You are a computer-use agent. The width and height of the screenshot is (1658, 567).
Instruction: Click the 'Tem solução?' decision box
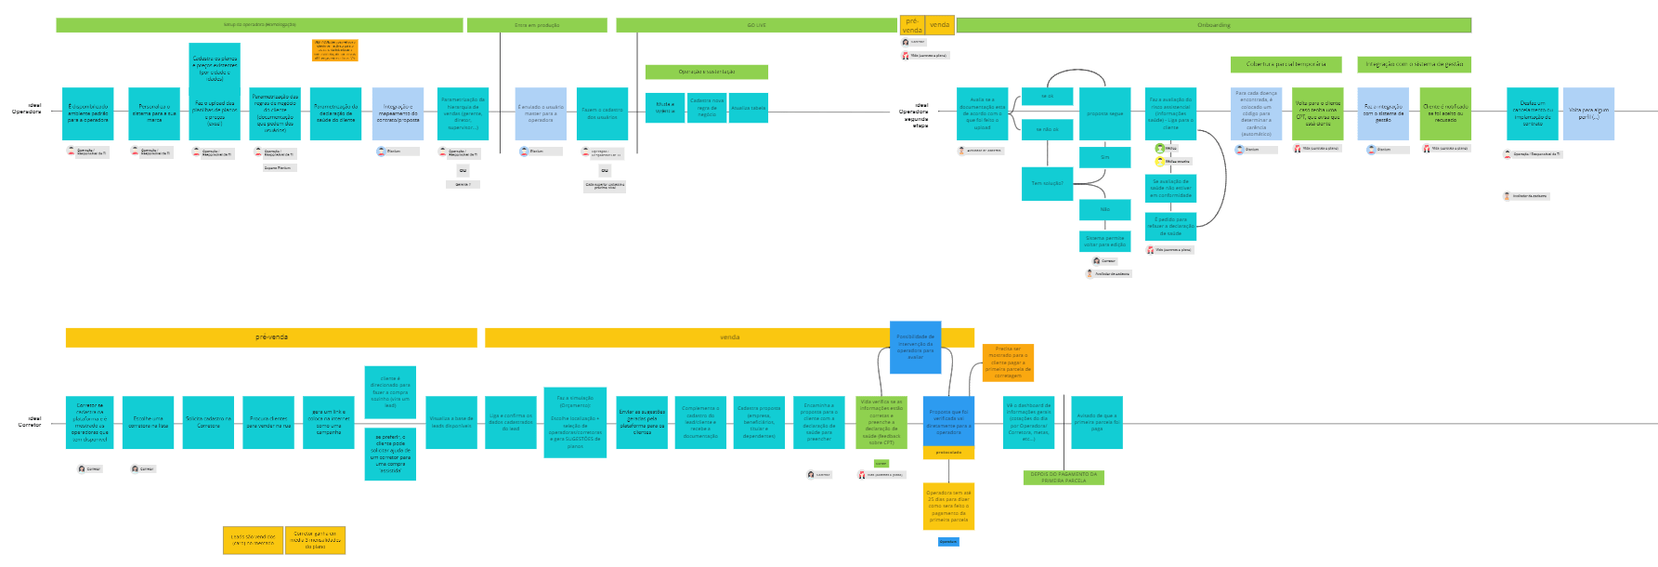[1047, 182]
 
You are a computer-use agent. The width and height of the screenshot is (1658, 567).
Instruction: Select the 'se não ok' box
[1047, 129]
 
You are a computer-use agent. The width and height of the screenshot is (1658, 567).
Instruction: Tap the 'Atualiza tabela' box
[748, 108]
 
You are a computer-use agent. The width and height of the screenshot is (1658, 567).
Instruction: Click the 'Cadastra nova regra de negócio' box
[707, 108]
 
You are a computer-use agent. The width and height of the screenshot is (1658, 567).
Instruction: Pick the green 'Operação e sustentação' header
[706, 72]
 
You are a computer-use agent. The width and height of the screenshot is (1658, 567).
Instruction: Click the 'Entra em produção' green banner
[537, 25]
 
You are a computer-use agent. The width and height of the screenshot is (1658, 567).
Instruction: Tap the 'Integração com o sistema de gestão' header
[1414, 64]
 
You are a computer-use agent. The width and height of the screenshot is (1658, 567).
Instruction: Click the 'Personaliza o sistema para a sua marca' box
[154, 113]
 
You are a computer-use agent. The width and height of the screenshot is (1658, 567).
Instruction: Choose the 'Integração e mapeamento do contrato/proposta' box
[398, 113]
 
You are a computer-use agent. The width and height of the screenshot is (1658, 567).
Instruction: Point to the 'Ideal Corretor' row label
[31, 422]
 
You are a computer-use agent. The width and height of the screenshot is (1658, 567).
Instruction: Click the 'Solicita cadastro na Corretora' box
[208, 422]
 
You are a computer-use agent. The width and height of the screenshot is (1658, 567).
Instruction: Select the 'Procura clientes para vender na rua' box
[268, 422]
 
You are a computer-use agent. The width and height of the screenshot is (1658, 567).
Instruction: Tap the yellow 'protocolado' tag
[948, 453]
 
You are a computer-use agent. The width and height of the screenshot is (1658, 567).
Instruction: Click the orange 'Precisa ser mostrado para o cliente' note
[1008, 363]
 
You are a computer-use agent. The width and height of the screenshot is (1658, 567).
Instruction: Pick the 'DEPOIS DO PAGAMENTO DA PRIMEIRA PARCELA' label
[1064, 478]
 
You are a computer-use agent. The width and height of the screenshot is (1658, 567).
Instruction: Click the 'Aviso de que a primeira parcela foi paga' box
[1096, 422]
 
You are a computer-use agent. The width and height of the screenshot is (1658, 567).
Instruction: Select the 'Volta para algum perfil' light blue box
[1588, 113]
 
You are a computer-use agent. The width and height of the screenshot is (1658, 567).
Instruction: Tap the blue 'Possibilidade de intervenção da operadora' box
[915, 347]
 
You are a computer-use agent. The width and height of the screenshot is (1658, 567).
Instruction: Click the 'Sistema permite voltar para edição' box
[1104, 241]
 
